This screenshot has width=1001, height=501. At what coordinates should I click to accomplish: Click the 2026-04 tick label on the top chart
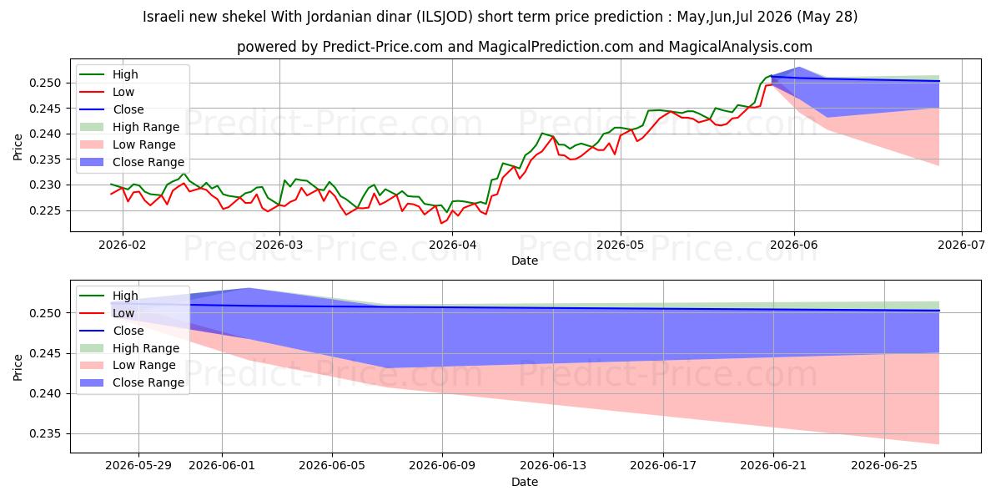(x=452, y=245)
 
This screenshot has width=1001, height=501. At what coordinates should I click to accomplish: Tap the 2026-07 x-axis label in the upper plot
(x=961, y=245)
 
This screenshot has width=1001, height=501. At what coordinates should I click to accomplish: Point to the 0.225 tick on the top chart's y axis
(x=44, y=210)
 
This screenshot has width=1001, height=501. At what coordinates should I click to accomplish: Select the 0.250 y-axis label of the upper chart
(x=44, y=83)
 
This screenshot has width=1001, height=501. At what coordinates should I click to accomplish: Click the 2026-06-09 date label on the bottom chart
(x=442, y=466)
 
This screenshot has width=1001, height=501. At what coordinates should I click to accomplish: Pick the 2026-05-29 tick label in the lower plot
(x=138, y=466)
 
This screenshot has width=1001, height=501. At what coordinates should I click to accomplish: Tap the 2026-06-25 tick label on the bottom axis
(x=884, y=466)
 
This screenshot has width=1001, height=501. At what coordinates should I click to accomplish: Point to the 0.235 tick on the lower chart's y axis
(x=44, y=434)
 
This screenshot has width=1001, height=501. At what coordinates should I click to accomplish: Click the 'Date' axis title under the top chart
(x=525, y=261)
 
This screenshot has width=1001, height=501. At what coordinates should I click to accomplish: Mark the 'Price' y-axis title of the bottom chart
(x=18, y=367)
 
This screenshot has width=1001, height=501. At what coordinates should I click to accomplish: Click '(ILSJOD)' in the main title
(x=444, y=17)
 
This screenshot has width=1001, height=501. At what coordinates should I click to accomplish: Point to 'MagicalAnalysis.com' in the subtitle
(x=740, y=47)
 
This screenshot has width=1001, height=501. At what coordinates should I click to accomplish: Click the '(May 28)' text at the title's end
(x=827, y=17)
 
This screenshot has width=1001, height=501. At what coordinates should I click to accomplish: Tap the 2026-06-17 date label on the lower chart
(x=663, y=466)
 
